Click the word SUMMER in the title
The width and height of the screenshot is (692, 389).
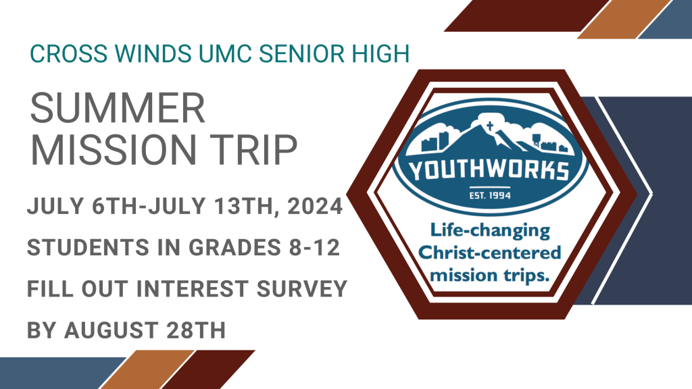point(118,109)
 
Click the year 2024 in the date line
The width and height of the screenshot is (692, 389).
point(315,207)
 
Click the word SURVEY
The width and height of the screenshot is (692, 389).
point(302,289)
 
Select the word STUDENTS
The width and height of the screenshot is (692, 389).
point(89,247)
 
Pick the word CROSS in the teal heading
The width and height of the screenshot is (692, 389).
point(68,54)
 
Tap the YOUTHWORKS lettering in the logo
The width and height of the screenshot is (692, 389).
point(489,171)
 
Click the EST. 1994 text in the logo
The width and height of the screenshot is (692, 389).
point(490,195)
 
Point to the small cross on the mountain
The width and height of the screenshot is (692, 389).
point(489,126)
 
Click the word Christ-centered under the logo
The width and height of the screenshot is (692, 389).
point(489,253)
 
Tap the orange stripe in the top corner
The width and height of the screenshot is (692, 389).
point(624,19)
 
